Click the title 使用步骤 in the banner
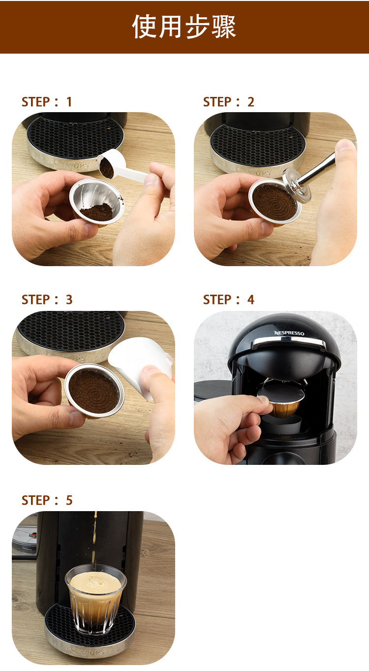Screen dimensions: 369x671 (184, 27)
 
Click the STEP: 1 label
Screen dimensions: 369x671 (47, 102)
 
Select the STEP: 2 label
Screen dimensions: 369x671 (228, 102)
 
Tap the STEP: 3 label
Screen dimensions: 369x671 (47, 300)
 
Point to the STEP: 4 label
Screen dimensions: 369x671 (228, 300)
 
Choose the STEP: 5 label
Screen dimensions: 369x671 (47, 500)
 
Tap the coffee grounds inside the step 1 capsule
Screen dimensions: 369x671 (96, 212)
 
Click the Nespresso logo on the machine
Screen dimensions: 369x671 (289, 333)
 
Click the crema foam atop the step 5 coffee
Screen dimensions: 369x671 (96, 582)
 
